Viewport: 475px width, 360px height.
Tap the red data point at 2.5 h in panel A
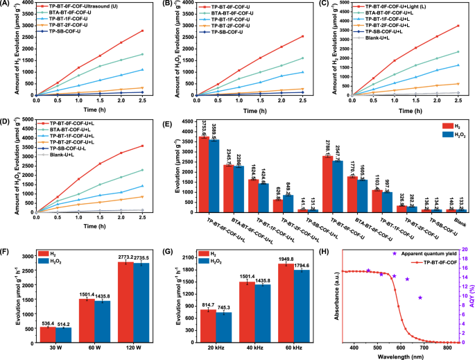(142, 31)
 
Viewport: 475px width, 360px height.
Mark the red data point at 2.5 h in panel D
(142, 146)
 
